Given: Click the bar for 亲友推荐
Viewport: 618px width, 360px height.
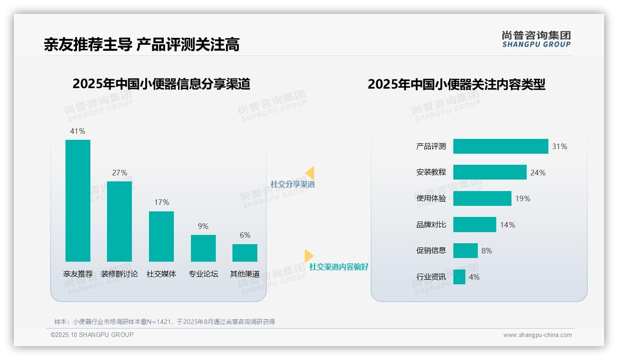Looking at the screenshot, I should click(78, 201).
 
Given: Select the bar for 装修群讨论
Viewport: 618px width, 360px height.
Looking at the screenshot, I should click(119, 222).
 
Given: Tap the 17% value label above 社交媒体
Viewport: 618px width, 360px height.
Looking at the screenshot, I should click(161, 202).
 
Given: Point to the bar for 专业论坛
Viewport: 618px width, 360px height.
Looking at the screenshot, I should click(203, 248).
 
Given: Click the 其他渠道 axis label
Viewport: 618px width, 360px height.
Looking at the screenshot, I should click(245, 274).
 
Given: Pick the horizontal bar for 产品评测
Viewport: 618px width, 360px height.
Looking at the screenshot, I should click(500, 146).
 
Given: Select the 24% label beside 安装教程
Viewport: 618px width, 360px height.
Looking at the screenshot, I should click(538, 173).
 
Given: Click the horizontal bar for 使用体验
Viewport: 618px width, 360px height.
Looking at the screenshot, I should click(482, 198).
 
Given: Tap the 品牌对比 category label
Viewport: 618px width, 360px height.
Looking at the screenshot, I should click(431, 225).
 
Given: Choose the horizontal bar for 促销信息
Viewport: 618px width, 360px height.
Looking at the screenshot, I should click(465, 251).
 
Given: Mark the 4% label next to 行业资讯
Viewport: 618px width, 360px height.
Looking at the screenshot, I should click(474, 277).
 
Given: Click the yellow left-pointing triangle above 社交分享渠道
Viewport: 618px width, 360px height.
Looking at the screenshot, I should click(310, 173).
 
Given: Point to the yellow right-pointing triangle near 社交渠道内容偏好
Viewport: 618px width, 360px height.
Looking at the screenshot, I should click(309, 256).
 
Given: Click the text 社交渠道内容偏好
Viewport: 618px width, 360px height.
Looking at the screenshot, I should click(339, 267).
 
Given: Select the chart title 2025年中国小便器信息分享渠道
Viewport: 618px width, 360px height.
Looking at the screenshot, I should click(161, 84).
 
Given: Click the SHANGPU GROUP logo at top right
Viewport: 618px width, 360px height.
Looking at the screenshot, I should click(536, 39).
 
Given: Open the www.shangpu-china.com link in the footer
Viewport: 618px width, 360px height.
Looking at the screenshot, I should click(537, 335).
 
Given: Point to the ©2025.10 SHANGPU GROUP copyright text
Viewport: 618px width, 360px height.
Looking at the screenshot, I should click(92, 335).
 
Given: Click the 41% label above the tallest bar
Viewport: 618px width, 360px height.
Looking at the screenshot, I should click(77, 131).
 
